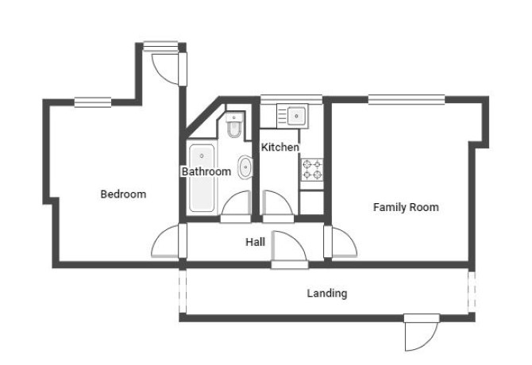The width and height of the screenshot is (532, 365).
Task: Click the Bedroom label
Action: [124, 194]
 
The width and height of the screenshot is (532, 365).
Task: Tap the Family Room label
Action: [406, 207]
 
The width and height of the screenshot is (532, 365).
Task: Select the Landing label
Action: [327, 294]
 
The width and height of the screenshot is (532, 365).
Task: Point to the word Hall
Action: [255, 242]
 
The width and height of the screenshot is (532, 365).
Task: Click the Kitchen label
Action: [280, 147]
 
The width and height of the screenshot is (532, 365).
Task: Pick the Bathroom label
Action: [206, 171]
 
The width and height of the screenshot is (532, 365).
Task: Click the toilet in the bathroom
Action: [234, 125]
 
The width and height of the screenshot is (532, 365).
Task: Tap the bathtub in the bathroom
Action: [202, 179]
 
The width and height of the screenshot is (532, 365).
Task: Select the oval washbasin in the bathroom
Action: [245, 167]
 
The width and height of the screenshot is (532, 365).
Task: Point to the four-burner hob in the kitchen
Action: [312, 170]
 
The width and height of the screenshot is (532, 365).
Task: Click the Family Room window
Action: [407, 100]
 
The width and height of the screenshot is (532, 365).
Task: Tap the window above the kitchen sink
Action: [291, 99]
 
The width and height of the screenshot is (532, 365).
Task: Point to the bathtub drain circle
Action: [202, 156]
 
